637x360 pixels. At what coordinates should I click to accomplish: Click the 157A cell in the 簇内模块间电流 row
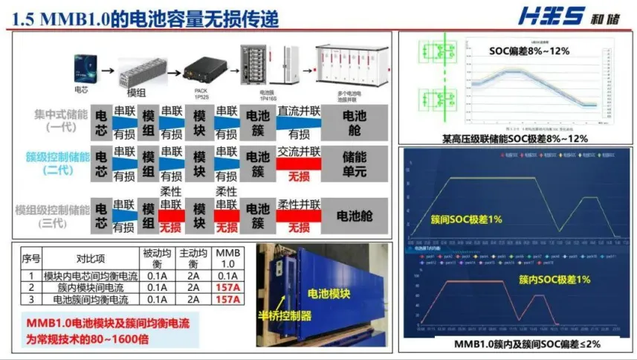point(228,287)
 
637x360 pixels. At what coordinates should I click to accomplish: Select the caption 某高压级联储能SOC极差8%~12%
point(514,138)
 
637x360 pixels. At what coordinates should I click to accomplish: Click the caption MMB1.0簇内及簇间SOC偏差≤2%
point(516,344)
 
